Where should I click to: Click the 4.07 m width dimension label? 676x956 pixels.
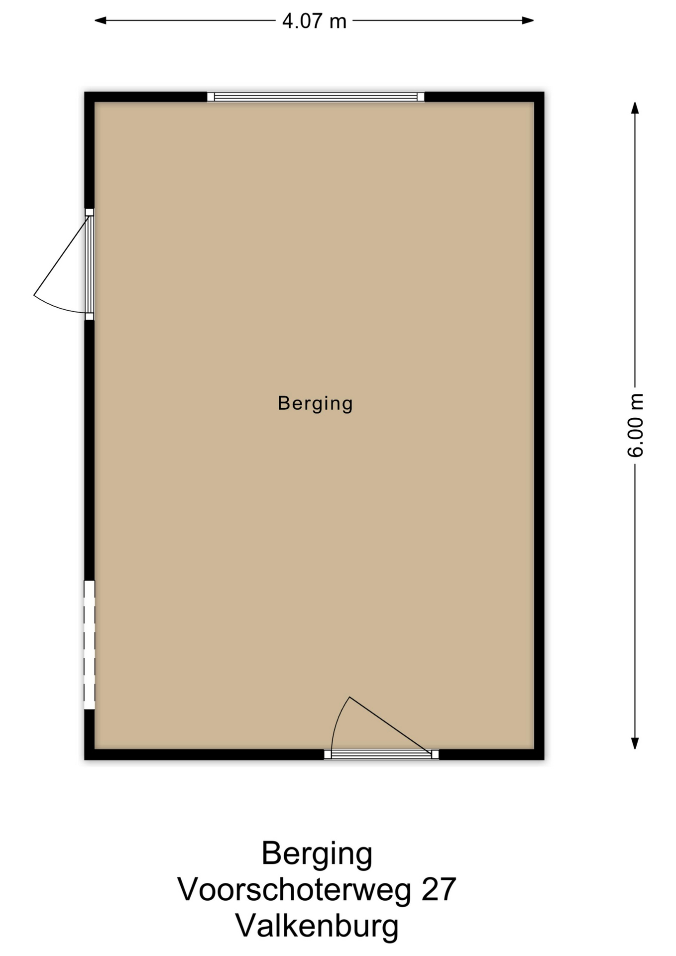pos(314,21)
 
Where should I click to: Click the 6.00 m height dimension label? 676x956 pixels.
pos(636,425)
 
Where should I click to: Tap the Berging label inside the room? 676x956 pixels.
pos(315,403)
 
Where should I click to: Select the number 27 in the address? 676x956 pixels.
pos(439,889)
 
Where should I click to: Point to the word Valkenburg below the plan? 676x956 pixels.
pos(317,926)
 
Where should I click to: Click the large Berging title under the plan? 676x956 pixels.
pos(317,853)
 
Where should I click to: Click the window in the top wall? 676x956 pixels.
pos(316,97)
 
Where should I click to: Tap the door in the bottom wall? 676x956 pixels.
pos(381,754)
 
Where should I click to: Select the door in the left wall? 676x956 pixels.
pos(89,264)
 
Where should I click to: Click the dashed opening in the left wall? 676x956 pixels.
pos(89,645)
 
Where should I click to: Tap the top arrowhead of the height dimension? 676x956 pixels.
pos(635,108)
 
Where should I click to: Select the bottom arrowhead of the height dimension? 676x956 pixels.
pos(635,743)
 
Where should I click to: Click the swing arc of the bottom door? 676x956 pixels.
pos(336,719)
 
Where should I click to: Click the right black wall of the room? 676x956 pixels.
pos(539,426)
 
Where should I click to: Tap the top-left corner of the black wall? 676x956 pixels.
pos(85,92)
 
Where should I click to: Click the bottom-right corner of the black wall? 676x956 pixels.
pos(544,759)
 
